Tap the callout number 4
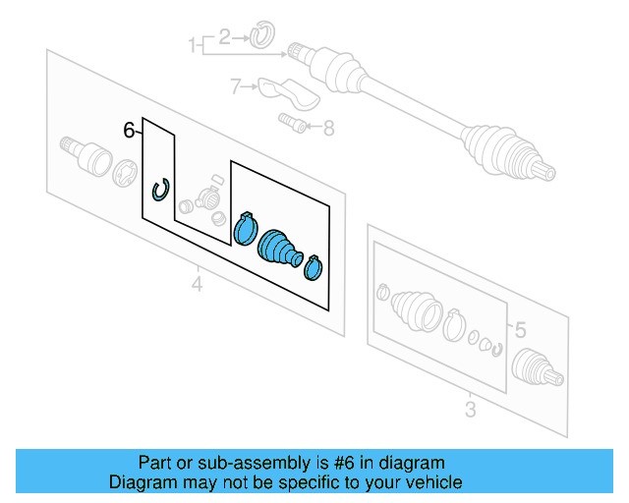tap(197, 285)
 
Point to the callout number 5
tap(521, 330)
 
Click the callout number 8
tap(328, 127)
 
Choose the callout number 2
tap(224, 38)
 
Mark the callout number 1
tap(194, 43)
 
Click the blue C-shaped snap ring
tap(160, 190)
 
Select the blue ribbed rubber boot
tap(279, 248)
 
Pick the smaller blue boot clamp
tap(314, 266)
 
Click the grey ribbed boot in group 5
tap(416, 312)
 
